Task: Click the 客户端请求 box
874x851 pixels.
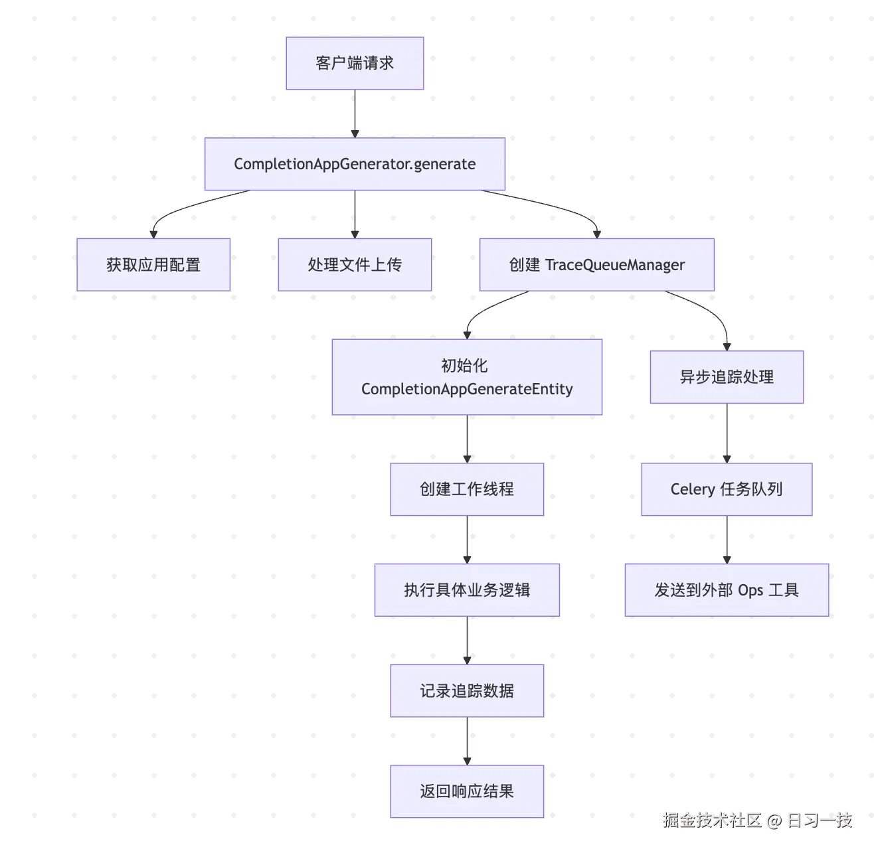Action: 355,63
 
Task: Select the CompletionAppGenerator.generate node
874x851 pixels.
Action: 355,164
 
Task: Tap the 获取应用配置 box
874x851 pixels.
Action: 153,265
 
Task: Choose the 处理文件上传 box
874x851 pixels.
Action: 355,265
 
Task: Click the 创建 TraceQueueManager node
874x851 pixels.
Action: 596,265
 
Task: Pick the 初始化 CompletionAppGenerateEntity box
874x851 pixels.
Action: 467,377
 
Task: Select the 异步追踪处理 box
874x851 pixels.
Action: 727,377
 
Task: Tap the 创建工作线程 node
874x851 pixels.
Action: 467,489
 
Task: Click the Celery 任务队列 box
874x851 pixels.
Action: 727,489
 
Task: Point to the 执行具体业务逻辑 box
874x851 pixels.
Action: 467,590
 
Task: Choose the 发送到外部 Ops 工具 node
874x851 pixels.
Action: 727,590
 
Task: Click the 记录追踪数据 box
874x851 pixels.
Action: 467,691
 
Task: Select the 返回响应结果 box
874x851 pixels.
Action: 467,791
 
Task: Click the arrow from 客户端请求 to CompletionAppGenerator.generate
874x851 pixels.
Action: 355,113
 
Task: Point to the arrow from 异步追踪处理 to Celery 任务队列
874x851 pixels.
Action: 727,433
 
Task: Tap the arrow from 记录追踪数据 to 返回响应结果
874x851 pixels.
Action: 467,741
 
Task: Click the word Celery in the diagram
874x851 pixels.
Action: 692,489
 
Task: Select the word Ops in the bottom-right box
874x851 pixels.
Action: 750,590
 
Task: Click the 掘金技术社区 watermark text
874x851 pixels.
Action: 712,820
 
